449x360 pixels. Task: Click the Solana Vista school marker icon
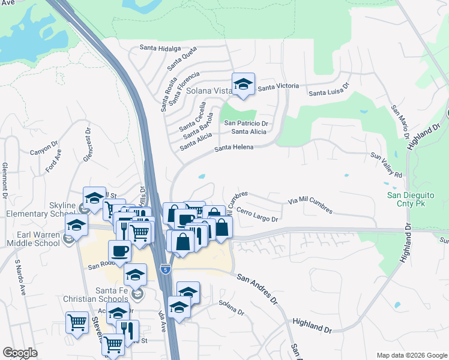[x=244, y=85]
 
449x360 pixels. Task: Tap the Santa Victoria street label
[x=278, y=86]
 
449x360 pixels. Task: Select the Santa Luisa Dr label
[x=329, y=89]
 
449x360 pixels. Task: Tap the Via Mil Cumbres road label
[x=310, y=205]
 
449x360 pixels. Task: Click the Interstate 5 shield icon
[x=166, y=270]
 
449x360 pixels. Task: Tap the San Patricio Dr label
[x=246, y=123]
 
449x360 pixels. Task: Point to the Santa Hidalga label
[x=160, y=48]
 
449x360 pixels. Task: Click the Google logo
[x=20, y=353]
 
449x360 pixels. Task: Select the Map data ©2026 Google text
[x=411, y=355]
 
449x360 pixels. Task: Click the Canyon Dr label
[x=44, y=148]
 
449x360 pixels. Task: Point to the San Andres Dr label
[x=259, y=287]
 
